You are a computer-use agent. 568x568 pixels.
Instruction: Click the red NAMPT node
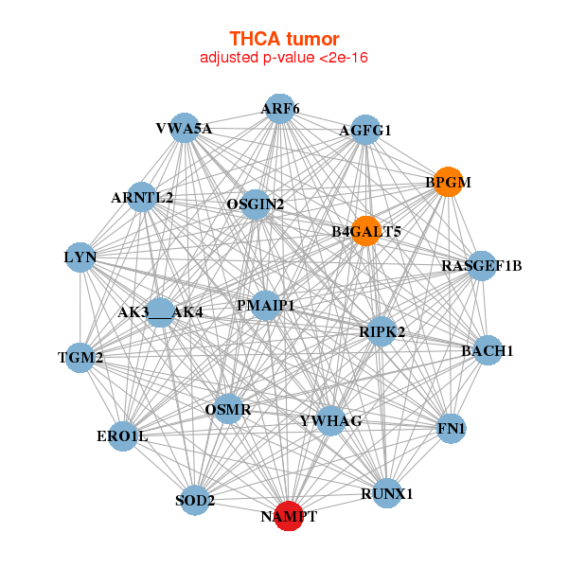[289, 516]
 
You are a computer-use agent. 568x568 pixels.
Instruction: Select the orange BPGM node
[448, 182]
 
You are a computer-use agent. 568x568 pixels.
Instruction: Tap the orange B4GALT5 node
[366, 231]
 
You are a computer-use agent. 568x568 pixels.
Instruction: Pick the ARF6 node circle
[279, 109]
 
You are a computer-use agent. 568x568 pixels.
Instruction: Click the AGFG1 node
[365, 131]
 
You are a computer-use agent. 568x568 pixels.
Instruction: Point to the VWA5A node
[184, 128]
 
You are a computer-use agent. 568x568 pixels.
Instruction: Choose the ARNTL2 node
[142, 197]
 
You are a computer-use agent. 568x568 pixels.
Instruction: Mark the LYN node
[80, 257]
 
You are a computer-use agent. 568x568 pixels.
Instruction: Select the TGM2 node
[80, 357]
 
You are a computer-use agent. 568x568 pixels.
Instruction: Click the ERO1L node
[122, 435]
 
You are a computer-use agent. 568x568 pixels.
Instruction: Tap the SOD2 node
[194, 500]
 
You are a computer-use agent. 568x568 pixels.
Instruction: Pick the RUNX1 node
[387, 493]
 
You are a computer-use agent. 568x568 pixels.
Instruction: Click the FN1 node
[452, 429]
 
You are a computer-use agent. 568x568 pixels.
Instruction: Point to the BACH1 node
[487, 350]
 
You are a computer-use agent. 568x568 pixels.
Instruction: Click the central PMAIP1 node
[266, 306]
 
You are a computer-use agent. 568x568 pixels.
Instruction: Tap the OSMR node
[228, 410]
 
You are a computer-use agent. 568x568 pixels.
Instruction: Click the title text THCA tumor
[284, 39]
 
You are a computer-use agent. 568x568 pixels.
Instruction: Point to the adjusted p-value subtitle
[284, 58]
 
